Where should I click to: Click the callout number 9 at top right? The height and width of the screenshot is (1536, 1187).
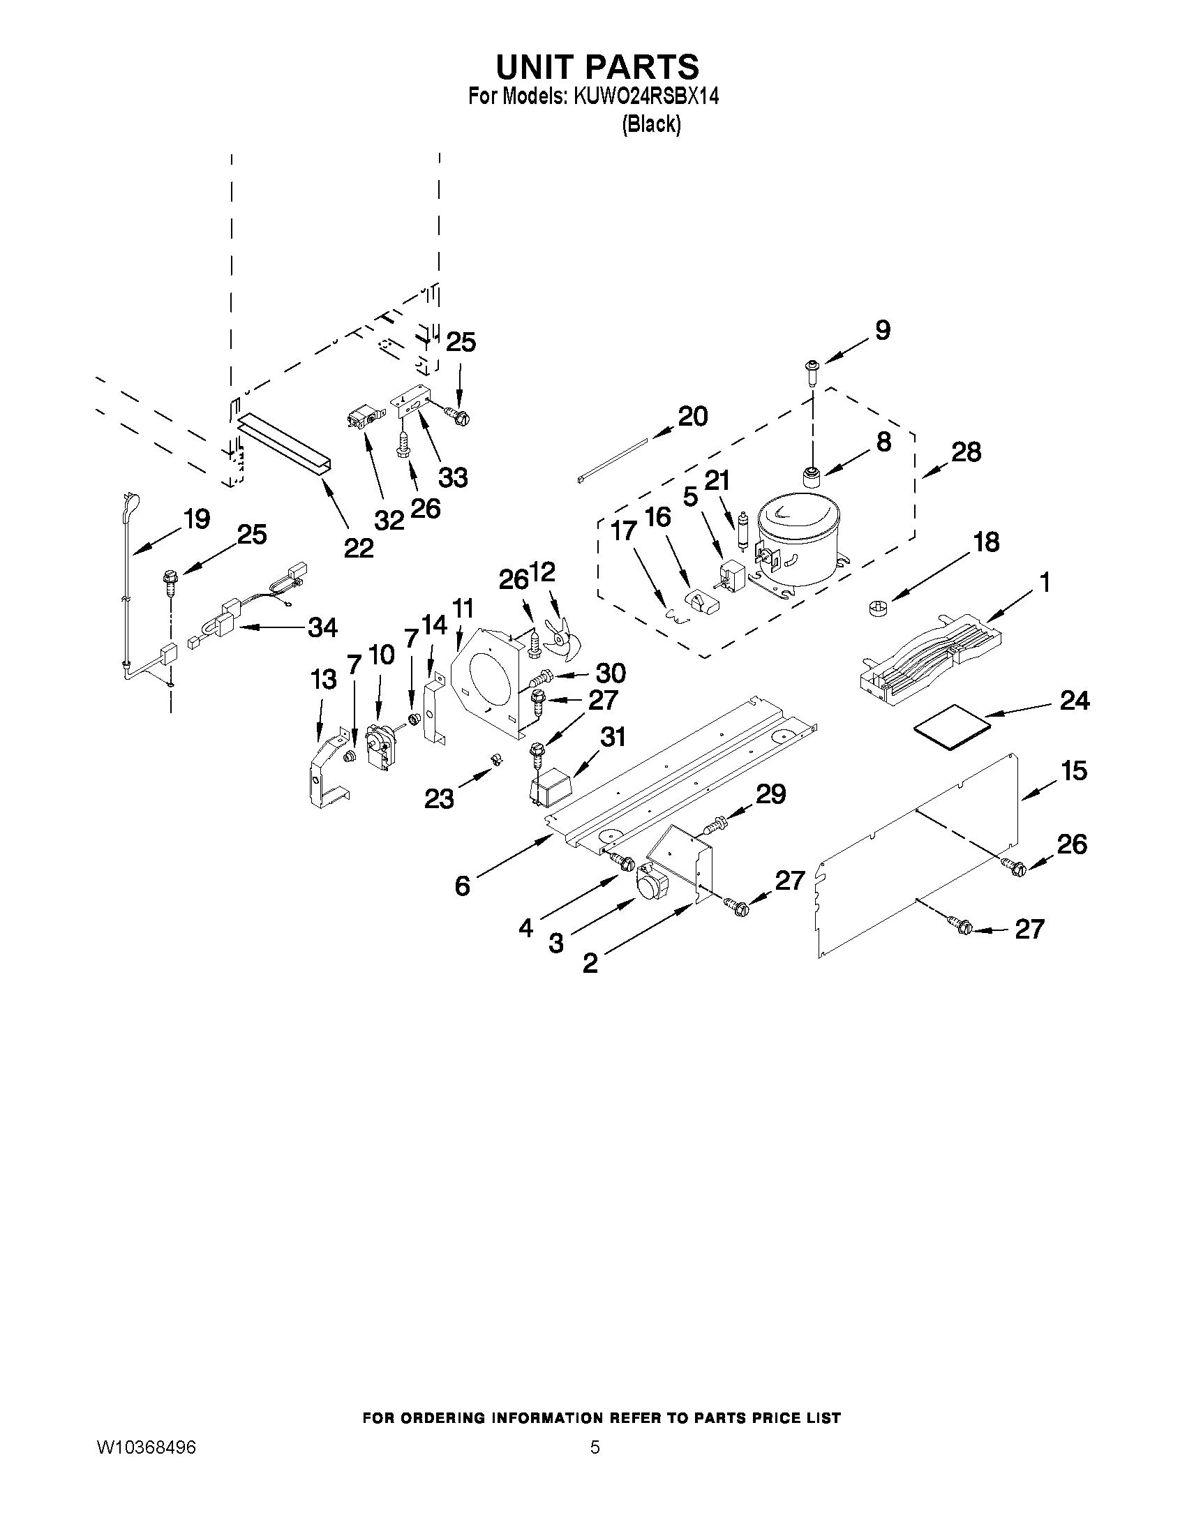[x=882, y=330]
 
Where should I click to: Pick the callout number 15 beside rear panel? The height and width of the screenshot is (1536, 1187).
[x=1074, y=771]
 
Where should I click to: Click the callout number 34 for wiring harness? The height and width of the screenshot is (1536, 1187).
[x=322, y=627]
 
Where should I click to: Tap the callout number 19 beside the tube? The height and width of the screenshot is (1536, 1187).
[x=196, y=519]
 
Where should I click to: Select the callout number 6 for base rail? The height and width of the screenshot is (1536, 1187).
[x=462, y=886]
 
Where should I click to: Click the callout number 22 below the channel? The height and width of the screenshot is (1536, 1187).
[x=358, y=548]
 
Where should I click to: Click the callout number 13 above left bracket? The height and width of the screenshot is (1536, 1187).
[x=324, y=680]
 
